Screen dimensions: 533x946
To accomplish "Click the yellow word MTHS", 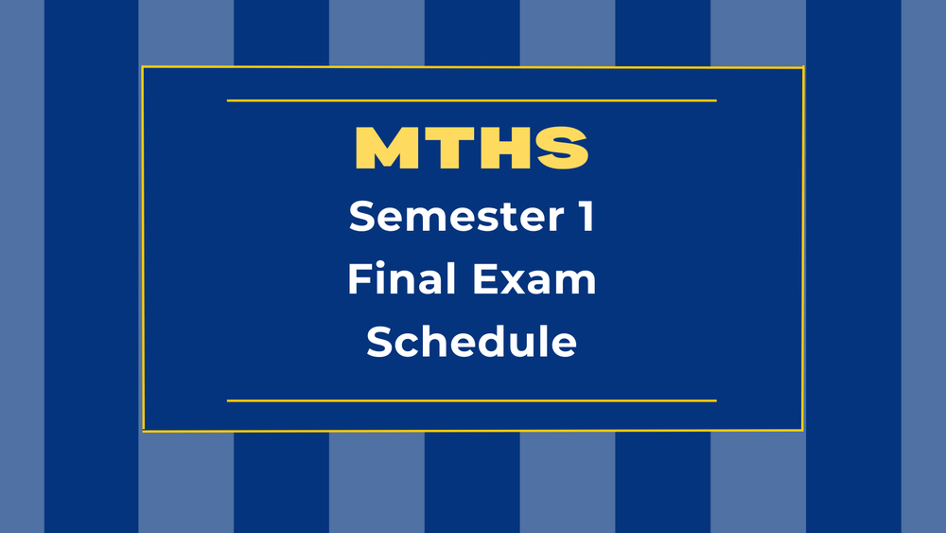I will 472,150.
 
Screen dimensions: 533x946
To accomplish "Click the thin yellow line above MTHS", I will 472,99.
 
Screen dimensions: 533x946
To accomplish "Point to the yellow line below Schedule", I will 472,400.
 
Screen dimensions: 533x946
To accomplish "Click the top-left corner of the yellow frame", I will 143,67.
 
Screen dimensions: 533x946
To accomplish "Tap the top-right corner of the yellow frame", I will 803,67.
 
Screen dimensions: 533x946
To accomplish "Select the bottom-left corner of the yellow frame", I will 143,431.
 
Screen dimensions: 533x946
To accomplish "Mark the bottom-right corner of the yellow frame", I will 803,431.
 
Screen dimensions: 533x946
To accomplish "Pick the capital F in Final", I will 359,279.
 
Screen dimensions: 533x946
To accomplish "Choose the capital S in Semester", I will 361,217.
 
